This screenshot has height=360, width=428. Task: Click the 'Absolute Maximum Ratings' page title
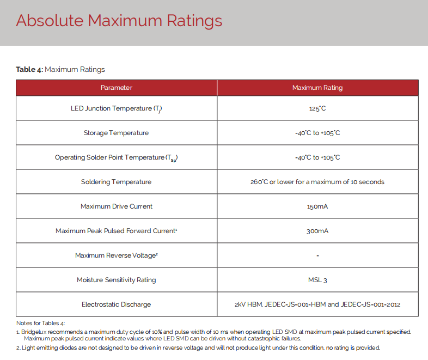[119, 21]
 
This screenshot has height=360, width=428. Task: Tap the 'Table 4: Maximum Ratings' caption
[60, 69]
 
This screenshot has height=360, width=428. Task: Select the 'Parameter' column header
[116, 88]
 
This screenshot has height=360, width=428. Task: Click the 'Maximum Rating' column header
[317, 88]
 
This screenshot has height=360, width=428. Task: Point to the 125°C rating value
[317, 108]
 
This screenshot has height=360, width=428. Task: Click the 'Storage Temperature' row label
[116, 133]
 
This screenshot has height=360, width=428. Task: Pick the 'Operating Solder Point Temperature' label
[116, 157]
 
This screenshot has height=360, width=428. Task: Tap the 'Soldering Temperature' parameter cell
[116, 182]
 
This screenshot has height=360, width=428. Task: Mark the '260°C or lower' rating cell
[317, 182]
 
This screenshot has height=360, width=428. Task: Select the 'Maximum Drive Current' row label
[116, 206]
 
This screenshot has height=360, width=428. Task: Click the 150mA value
[317, 206]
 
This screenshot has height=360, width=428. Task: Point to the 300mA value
[317, 231]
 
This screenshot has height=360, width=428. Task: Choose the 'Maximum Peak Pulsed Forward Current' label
[116, 231]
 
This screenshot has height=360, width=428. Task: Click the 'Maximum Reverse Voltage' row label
[116, 255]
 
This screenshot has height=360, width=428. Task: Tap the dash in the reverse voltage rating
[317, 255]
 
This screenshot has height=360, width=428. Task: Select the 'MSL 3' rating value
[317, 280]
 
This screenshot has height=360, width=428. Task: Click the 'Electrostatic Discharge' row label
[116, 304]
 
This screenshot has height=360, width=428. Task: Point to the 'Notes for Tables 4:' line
[41, 324]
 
